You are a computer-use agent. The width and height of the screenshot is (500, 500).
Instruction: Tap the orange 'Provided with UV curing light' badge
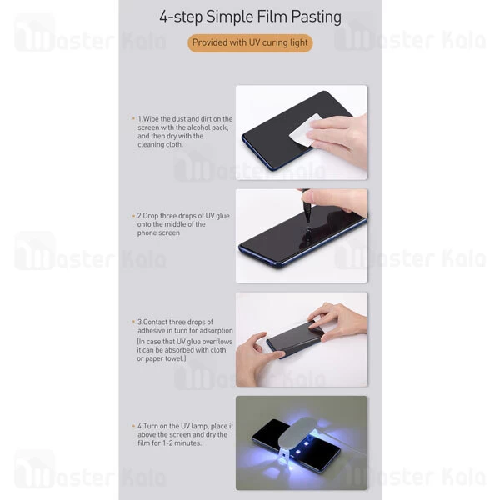pos(250,42)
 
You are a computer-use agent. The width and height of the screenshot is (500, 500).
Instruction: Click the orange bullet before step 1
pos(133,118)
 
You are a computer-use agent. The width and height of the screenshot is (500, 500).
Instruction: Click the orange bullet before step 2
pos(133,216)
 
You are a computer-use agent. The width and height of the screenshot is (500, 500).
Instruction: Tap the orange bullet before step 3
pos(133,322)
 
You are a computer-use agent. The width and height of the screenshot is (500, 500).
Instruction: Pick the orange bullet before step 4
pos(133,426)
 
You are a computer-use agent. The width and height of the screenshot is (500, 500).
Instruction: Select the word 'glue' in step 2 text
pos(222,216)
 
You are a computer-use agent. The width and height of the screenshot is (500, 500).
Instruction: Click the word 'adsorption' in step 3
pos(216,331)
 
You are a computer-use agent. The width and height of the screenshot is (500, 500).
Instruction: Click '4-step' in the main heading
pos(181,17)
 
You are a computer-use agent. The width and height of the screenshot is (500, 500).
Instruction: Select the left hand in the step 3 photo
pos(257,357)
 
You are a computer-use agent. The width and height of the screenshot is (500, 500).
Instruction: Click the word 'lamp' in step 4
pos(200,427)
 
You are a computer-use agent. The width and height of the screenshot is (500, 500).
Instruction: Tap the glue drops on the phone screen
pos(307,234)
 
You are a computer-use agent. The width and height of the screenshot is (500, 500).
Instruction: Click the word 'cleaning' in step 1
pos(151,144)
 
